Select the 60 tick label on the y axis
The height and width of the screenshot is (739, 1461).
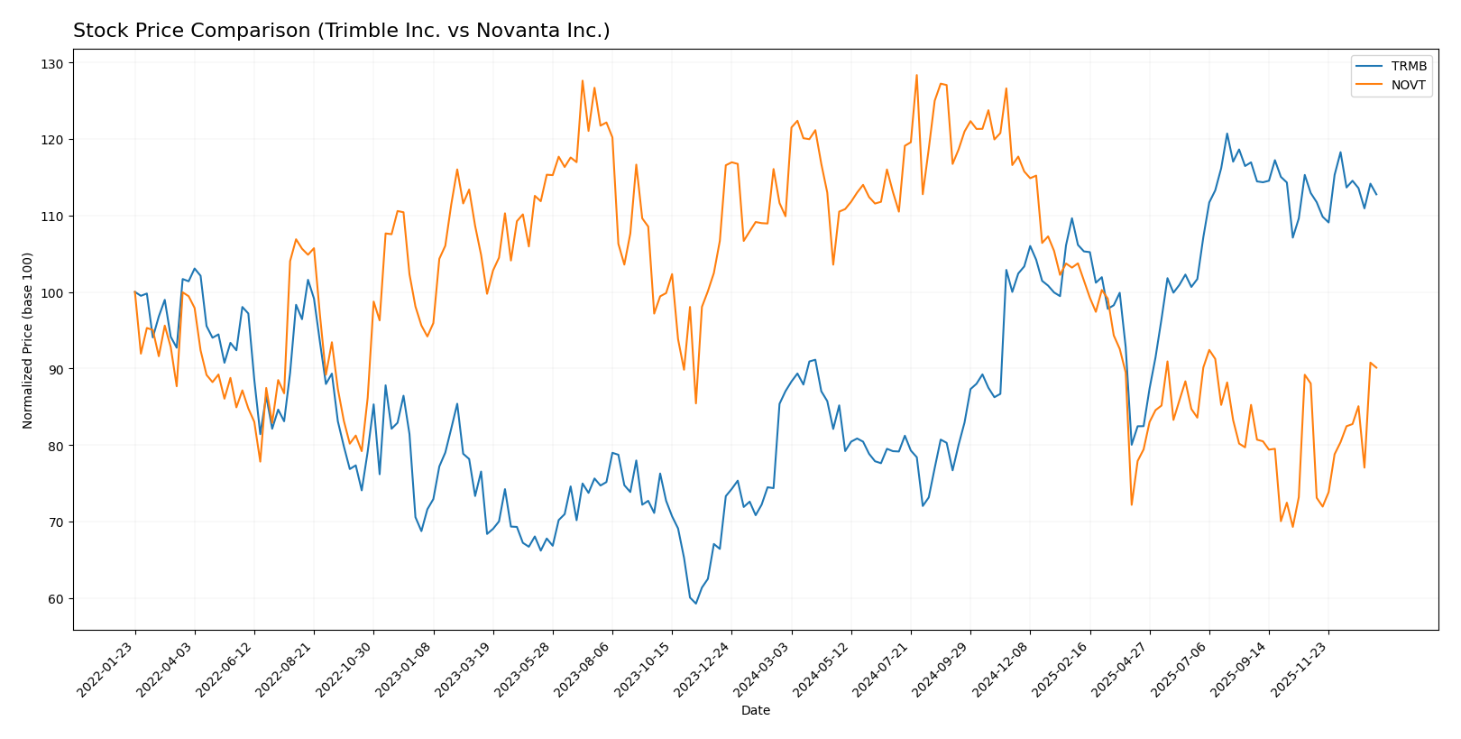point(56,599)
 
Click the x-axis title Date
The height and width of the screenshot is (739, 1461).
point(755,711)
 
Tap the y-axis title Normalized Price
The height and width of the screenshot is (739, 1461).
point(28,340)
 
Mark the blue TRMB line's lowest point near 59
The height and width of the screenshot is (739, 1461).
point(695,604)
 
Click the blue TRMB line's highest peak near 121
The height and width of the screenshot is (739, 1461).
point(1227,134)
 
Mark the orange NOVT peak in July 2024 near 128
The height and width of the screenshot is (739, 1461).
point(916,75)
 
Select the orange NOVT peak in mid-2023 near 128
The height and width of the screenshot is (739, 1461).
point(582,80)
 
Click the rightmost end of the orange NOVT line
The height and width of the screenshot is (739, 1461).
point(1376,368)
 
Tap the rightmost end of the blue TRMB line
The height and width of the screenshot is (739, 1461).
point(1376,194)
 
